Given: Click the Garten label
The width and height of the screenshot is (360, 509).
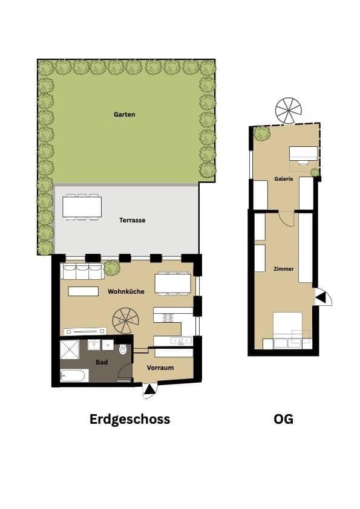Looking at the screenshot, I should pyautogui.click(x=124, y=114).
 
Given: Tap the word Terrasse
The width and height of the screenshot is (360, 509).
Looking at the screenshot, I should pyautogui.click(x=132, y=220).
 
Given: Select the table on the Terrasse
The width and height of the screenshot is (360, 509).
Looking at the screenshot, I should pyautogui.click(x=82, y=207).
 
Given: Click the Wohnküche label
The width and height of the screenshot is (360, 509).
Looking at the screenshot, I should pyautogui.click(x=126, y=291).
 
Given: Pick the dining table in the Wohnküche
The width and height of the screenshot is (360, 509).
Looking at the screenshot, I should pyautogui.click(x=172, y=283).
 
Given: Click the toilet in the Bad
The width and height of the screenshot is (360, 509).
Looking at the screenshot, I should pyautogui.click(x=123, y=349).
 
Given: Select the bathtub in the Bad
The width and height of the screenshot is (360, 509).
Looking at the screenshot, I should pyautogui.click(x=74, y=376).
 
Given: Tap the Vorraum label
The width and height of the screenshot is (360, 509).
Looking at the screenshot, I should pyautogui.click(x=160, y=368).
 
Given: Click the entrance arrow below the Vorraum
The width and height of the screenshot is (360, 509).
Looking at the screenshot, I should pyautogui.click(x=148, y=391).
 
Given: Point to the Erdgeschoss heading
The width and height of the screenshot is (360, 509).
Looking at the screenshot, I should pyautogui.click(x=129, y=419).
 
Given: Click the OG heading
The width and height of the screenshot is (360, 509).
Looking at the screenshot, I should pyautogui.click(x=283, y=419).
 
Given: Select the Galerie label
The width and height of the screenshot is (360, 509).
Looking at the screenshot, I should pyautogui.click(x=283, y=179).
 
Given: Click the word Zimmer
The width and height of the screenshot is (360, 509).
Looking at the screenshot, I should pyautogui.click(x=283, y=268).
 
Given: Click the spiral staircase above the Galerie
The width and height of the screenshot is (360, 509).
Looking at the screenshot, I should pyautogui.click(x=288, y=110).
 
